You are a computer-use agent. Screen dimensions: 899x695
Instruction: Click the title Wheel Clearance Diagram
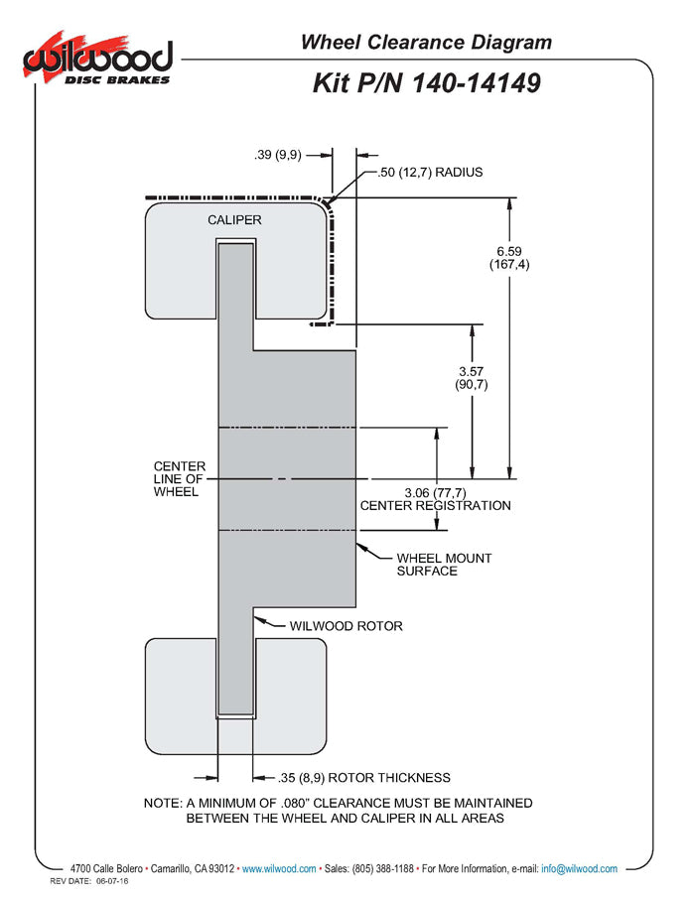426,42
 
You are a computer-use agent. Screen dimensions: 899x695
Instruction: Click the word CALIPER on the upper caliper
234,219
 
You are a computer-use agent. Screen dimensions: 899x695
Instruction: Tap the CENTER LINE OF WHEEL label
180,478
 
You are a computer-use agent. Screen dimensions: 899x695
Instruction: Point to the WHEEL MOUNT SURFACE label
443,564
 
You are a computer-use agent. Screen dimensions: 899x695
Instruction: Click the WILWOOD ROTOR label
346,626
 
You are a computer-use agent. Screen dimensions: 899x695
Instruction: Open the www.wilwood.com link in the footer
279,868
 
